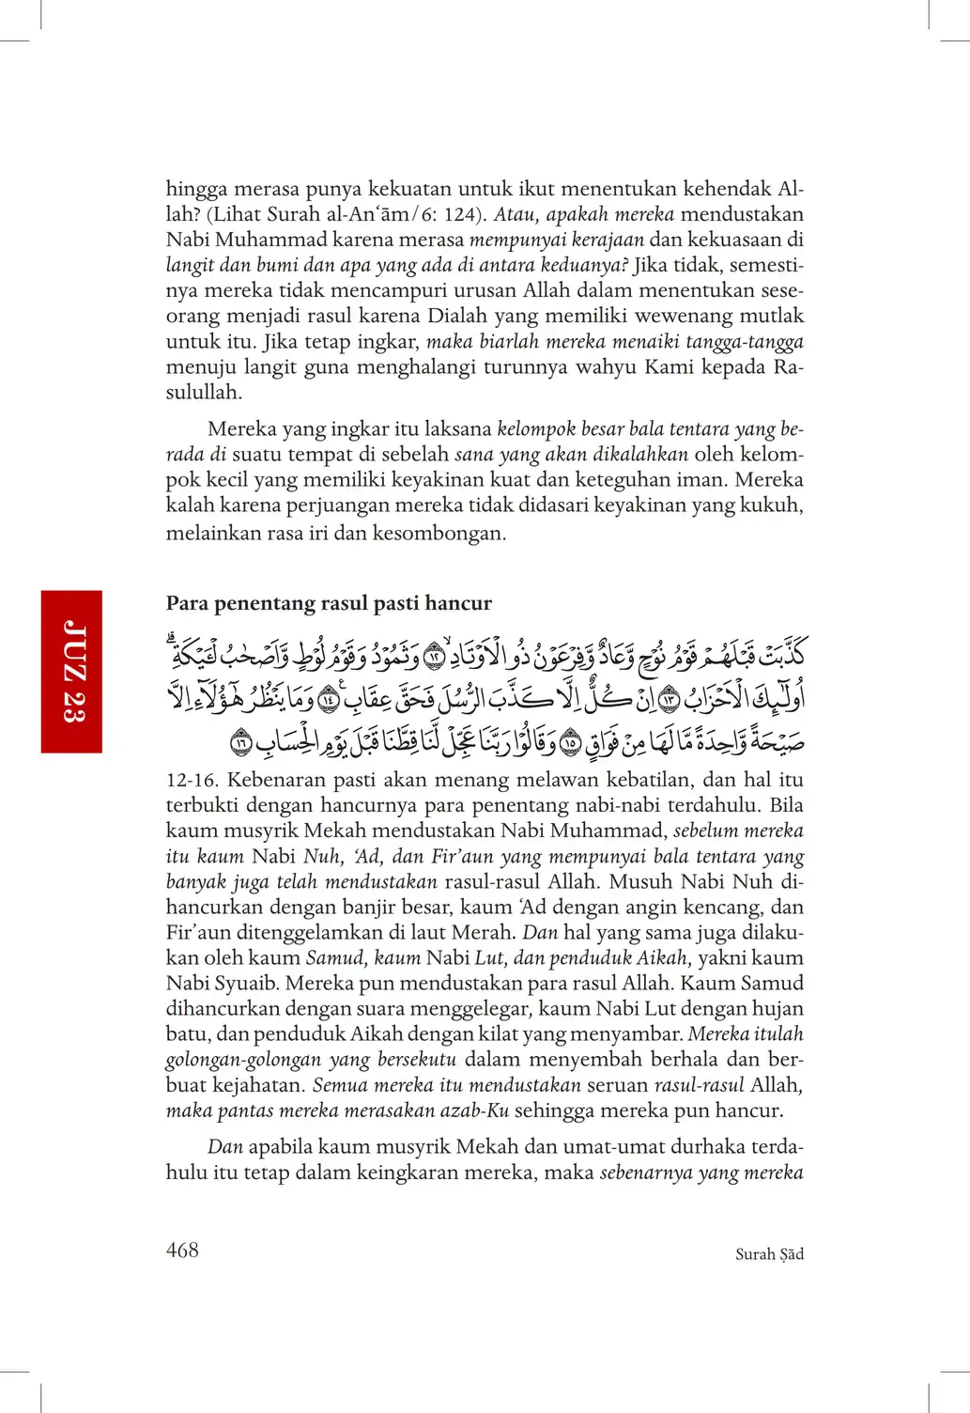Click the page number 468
click(182, 1250)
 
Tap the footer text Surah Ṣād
click(769, 1254)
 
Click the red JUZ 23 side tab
click(71, 671)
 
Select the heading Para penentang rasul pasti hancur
click(329, 603)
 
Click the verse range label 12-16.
click(192, 780)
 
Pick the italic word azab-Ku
click(474, 1110)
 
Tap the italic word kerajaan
click(608, 240)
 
